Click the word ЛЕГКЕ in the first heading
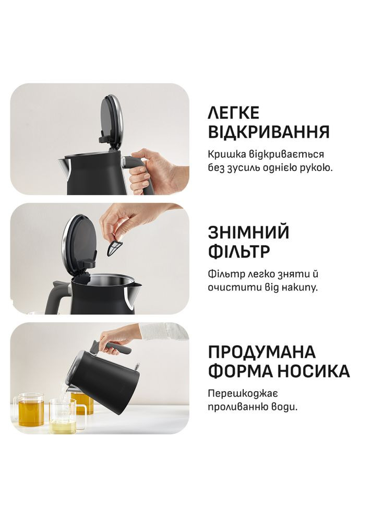233,113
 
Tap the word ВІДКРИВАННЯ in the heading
269,132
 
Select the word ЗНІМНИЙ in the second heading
248,232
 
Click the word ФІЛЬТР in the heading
239,252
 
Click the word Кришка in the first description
226,155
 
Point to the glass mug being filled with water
64,415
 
